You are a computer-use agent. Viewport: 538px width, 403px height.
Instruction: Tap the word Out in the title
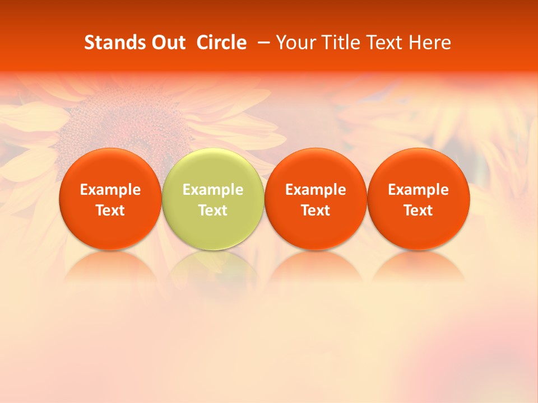[x=168, y=43]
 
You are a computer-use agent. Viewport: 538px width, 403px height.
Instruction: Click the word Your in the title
[x=296, y=43]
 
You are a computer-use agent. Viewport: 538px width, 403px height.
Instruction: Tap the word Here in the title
[x=430, y=43]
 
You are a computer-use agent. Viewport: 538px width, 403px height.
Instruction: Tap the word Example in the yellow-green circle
[x=213, y=190]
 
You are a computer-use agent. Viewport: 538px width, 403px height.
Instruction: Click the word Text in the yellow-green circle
[x=213, y=210]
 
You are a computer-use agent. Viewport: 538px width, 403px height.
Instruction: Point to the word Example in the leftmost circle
[x=110, y=190]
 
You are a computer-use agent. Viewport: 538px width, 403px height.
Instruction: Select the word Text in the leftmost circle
[x=110, y=210]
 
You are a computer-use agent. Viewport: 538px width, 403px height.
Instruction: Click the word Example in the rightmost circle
[x=419, y=190]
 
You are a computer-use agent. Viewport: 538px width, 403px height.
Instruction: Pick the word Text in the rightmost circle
[x=419, y=210]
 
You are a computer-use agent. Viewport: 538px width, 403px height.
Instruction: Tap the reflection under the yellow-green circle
[x=213, y=266]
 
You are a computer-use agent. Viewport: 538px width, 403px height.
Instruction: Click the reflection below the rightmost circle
[x=419, y=266]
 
